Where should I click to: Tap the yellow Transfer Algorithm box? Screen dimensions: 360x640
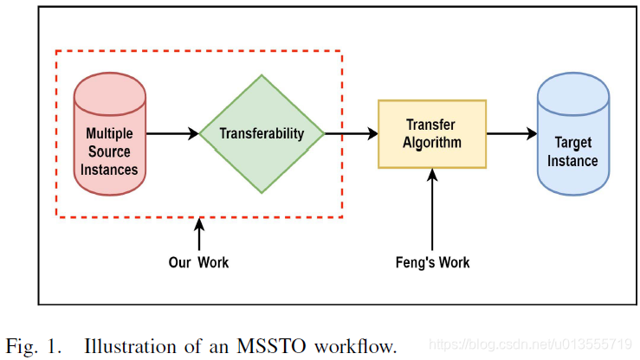click(x=432, y=134)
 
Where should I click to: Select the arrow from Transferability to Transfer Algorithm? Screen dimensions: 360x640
click(x=351, y=134)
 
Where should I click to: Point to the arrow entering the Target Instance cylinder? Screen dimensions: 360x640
click(x=511, y=134)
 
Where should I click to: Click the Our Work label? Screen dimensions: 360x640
click(x=199, y=261)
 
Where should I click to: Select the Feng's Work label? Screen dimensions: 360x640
click(x=432, y=261)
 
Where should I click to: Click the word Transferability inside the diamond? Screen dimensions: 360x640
click(x=262, y=134)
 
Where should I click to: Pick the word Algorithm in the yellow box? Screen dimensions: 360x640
click(x=432, y=143)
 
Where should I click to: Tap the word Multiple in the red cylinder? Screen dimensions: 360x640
click(x=109, y=133)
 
